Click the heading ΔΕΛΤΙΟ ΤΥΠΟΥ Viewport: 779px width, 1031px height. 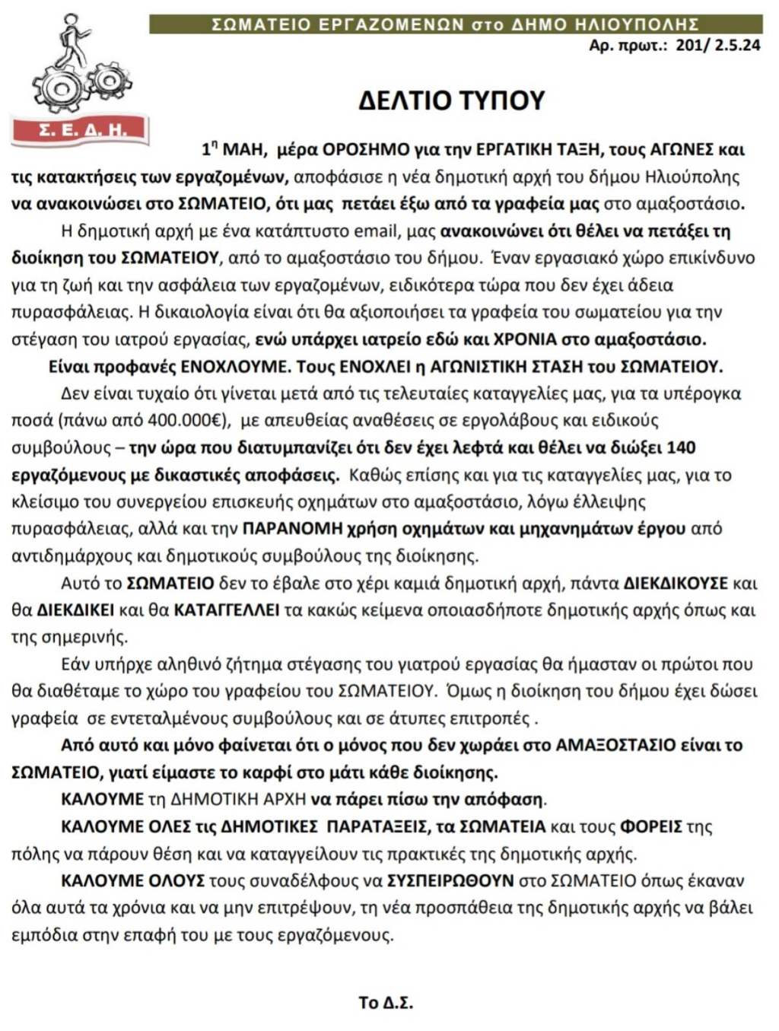pos(452,100)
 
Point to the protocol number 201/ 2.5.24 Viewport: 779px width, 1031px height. pos(717,45)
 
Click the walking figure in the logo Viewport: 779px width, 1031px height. pos(73,41)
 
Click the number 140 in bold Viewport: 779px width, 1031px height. pos(681,447)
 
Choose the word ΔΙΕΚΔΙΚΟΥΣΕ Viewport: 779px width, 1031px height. pos(676,584)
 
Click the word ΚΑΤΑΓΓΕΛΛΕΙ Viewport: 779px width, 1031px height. pos(227,610)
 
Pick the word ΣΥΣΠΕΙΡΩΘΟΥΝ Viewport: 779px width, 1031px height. pos(451,880)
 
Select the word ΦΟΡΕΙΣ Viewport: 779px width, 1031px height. pos(650,826)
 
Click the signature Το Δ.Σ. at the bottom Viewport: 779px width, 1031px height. pos(386,1002)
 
